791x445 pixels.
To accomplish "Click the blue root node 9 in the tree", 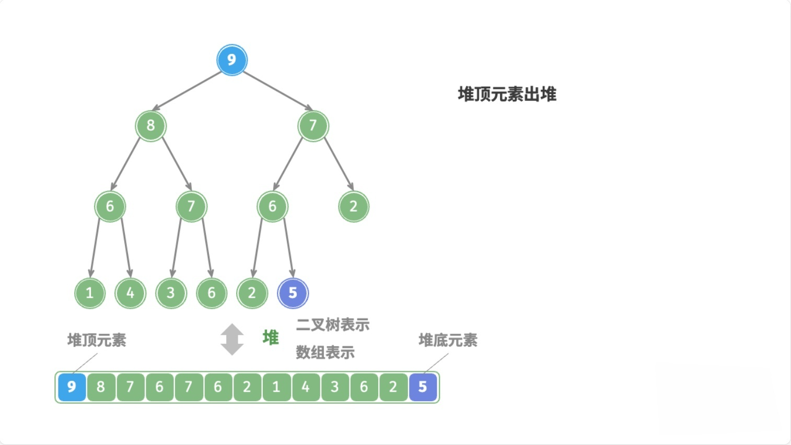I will click(x=231, y=60).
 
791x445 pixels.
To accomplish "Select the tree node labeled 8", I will click(x=150, y=125).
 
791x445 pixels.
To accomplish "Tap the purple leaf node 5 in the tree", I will click(x=293, y=293).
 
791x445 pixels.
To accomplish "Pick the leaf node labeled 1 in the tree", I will click(x=90, y=293).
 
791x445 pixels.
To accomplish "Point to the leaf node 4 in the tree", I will click(x=130, y=293).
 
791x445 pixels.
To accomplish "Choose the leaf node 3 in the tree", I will click(x=171, y=293).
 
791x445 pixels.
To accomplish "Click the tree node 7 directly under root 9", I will click(x=313, y=125).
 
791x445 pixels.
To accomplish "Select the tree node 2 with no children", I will click(x=353, y=206).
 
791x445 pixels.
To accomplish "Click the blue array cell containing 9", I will click(x=72, y=387).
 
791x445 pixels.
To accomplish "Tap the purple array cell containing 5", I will click(x=423, y=387).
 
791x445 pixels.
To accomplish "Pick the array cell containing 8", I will click(x=101, y=387).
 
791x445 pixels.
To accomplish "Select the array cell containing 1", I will click(x=276, y=387).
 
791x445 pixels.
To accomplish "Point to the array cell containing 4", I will click(x=306, y=387).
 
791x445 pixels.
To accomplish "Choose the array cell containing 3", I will click(x=335, y=387).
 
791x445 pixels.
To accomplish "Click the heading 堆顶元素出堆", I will click(x=507, y=95).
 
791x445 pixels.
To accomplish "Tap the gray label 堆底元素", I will click(x=448, y=341).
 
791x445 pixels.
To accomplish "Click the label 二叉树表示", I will click(x=332, y=325).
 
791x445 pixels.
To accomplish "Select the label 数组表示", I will click(x=325, y=353).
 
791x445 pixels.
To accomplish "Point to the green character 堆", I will click(x=271, y=338).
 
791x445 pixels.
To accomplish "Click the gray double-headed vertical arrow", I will click(x=232, y=339).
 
